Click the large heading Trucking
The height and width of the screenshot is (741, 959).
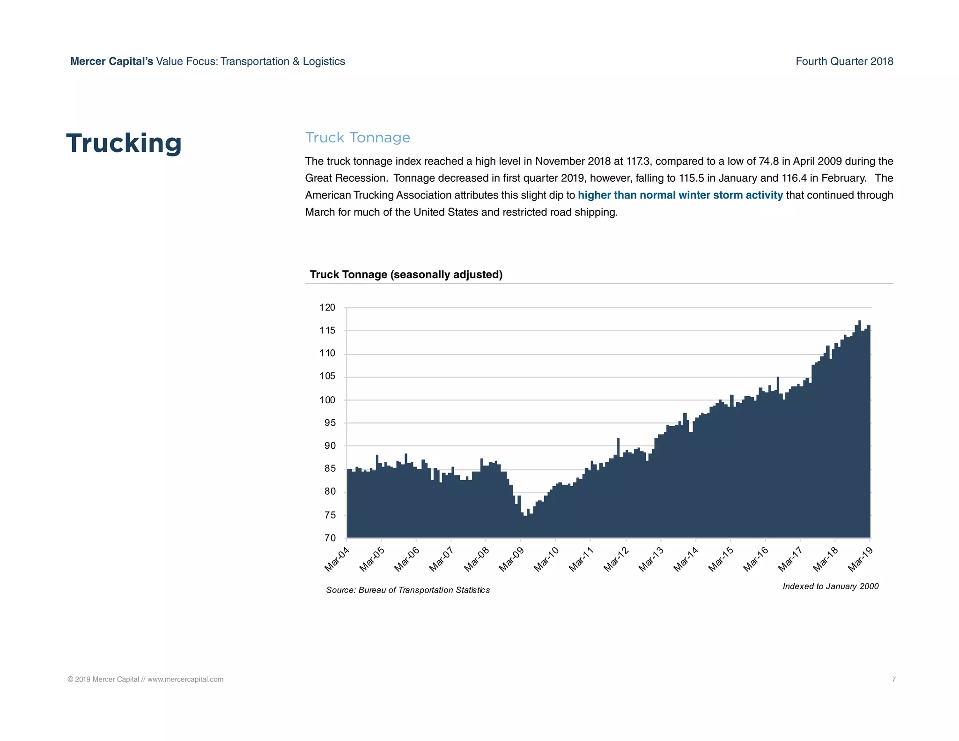point(124,143)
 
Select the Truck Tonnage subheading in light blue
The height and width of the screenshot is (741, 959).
point(357,138)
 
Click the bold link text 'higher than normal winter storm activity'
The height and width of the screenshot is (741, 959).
point(680,195)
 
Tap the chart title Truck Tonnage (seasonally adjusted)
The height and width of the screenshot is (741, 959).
point(406,275)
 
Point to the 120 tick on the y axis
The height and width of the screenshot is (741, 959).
point(327,308)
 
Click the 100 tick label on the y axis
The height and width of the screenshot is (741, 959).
point(327,400)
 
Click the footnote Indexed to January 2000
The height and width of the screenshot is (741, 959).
point(830,586)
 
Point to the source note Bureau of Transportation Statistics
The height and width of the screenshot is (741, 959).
point(424,590)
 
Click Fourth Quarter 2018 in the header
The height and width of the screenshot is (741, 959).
point(844,61)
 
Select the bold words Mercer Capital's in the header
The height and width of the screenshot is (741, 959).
point(111,61)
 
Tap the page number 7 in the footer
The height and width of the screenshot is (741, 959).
point(893,679)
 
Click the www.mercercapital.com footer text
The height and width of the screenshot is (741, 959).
point(185,679)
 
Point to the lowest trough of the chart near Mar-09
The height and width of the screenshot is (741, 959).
point(525,515)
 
